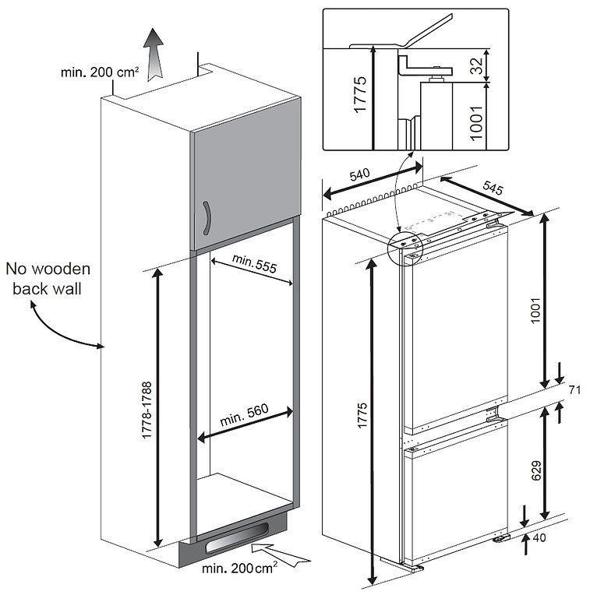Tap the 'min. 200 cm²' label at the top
[100, 72]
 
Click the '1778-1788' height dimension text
[147, 410]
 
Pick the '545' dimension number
[493, 188]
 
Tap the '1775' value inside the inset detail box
[359, 97]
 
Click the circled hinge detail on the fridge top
[406, 247]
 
